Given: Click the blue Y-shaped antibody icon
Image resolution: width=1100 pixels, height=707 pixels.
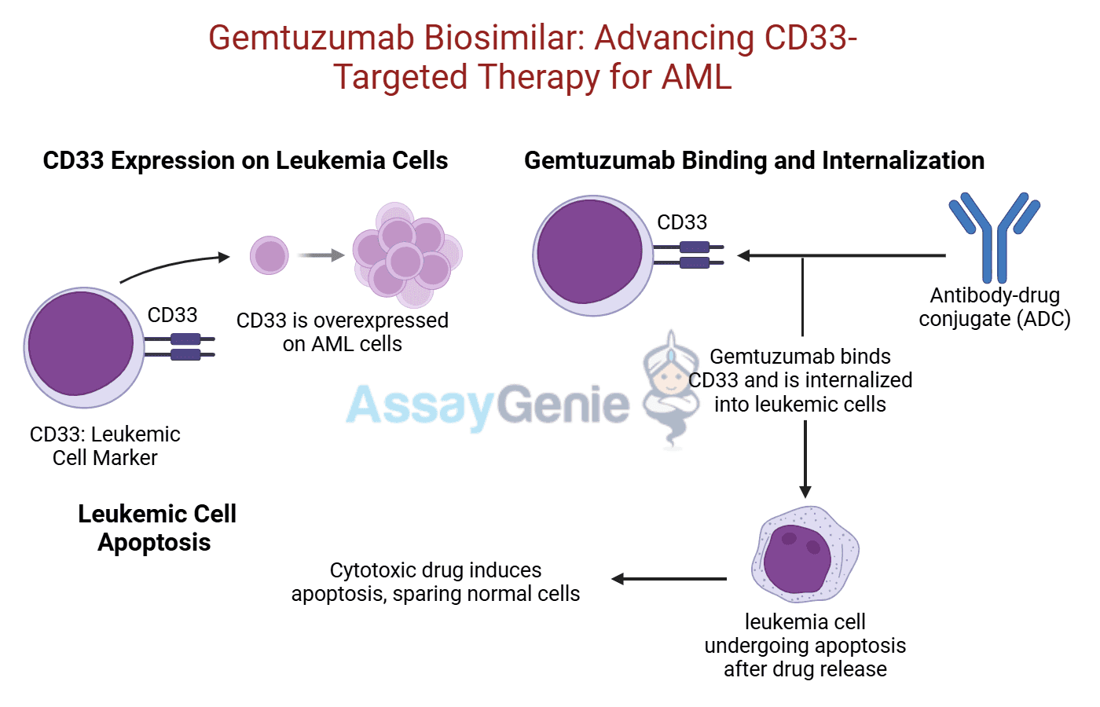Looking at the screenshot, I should [x=994, y=236].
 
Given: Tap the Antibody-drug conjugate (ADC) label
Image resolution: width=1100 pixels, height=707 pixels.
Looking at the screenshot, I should [x=994, y=307].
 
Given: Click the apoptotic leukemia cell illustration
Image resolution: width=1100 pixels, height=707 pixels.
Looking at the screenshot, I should [x=805, y=555].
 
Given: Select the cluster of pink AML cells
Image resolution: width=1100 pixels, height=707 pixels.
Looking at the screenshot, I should [x=406, y=256].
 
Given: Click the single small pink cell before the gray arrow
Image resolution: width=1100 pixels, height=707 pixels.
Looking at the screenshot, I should [x=269, y=255].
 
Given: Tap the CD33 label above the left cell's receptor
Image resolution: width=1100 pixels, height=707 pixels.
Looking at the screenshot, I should [x=172, y=315].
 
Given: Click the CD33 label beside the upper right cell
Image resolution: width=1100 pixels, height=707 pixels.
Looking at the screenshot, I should [x=682, y=222].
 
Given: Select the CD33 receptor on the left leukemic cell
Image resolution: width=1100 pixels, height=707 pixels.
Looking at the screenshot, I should [x=184, y=346].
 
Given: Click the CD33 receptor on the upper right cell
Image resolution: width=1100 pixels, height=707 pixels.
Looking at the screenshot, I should [x=691, y=255].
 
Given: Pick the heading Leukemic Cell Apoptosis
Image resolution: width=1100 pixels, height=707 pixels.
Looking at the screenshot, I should [x=156, y=528].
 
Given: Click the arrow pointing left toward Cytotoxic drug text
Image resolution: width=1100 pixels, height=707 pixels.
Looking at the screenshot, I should [x=668, y=579].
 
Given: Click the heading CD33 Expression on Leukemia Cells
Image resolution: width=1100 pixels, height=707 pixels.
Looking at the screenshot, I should [x=245, y=160].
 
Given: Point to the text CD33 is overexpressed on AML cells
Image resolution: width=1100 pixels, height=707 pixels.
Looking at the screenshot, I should [x=343, y=332].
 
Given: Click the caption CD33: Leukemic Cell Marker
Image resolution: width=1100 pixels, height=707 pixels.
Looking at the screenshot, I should [x=104, y=446].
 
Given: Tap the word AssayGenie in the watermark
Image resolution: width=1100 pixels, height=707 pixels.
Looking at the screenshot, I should [x=487, y=405].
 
